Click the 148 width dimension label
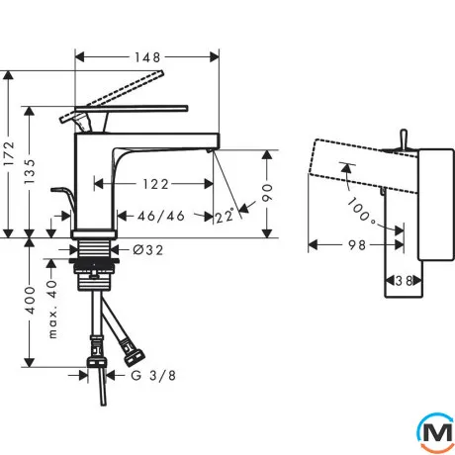click(x=147, y=57)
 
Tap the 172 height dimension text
click(x=9, y=153)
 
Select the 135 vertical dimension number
click(x=30, y=171)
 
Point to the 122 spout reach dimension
click(x=155, y=184)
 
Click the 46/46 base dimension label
click(x=161, y=217)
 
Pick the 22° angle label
click(x=225, y=217)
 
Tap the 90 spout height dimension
click(x=267, y=193)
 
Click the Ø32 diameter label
click(x=148, y=250)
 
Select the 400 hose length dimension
click(x=30, y=300)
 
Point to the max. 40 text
click(x=52, y=310)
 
